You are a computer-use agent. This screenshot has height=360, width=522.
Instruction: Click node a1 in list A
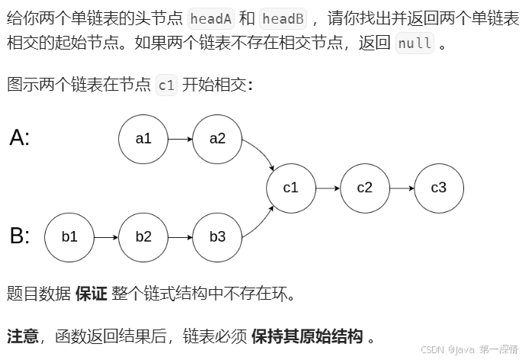[143, 139]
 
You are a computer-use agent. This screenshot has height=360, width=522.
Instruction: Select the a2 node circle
[218, 139]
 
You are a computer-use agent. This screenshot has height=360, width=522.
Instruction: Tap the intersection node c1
[291, 188]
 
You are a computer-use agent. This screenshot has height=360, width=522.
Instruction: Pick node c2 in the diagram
[365, 188]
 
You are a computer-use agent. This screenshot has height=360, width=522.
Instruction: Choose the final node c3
[439, 188]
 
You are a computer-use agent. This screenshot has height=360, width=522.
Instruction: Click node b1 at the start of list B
[69, 236]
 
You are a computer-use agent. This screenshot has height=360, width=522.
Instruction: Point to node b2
[143, 236]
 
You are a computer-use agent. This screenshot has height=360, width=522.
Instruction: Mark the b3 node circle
[218, 236]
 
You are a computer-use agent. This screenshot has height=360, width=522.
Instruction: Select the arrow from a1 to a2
[181, 140]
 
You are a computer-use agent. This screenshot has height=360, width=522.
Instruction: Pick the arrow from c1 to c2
[328, 188]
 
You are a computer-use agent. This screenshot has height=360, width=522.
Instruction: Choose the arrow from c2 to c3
[402, 188]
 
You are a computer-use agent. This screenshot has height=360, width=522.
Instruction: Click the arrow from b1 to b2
[106, 236]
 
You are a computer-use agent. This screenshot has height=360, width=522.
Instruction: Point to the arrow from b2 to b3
[181, 236]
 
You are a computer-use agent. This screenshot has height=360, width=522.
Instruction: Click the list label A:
[20, 138]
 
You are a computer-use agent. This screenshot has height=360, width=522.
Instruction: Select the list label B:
[20, 236]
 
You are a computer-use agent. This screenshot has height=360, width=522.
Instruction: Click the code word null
[415, 43]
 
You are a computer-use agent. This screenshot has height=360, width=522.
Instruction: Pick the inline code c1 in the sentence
[166, 85]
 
